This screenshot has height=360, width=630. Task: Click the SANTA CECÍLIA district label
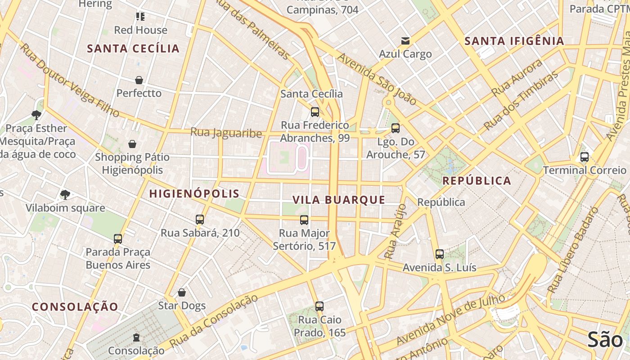[133, 49]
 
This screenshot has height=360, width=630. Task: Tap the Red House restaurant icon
[140, 17]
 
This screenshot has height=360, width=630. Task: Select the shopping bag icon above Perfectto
[139, 80]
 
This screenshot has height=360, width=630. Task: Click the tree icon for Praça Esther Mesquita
[36, 115]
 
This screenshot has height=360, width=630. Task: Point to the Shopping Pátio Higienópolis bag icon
[132, 144]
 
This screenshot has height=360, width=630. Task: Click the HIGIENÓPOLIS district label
[194, 194]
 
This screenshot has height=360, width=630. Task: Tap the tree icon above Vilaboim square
[65, 195]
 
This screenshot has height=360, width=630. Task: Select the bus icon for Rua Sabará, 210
[200, 220]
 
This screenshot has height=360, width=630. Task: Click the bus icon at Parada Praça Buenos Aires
[118, 238]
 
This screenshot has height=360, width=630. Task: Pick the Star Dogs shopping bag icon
[182, 292]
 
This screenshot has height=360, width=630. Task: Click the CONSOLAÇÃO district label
[75, 307]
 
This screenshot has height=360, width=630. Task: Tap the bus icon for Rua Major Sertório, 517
[304, 220]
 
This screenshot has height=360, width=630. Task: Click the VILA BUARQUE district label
[339, 200]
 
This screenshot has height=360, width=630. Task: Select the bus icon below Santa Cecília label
[315, 112]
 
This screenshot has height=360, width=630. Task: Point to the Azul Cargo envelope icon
[405, 41]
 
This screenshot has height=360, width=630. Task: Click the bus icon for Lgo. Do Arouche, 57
[396, 128]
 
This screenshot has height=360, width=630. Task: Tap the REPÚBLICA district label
[477, 181]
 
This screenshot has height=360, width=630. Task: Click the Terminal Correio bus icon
[585, 157]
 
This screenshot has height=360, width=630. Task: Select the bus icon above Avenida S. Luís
[440, 254]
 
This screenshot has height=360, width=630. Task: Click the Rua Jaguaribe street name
[226, 133]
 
